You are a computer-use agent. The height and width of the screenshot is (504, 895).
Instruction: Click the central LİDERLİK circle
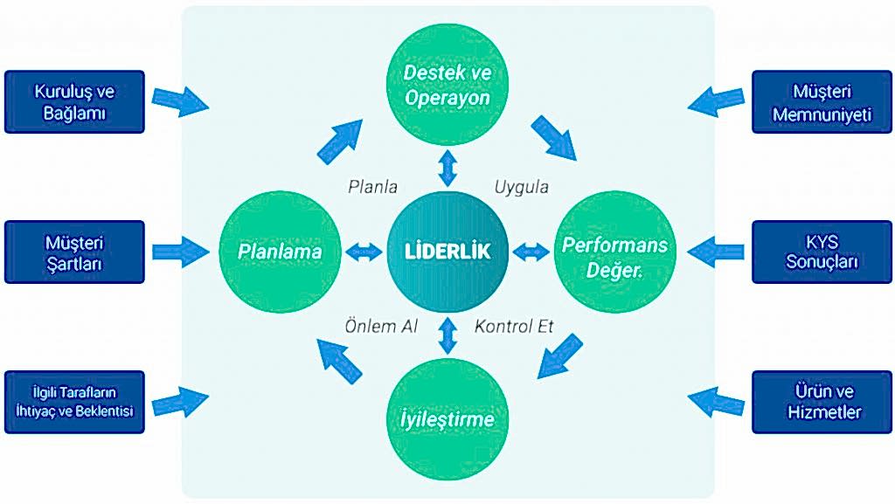click(x=447, y=252)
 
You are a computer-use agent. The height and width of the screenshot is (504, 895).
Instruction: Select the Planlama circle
click(x=281, y=252)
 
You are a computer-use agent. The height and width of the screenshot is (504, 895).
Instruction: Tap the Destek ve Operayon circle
click(x=447, y=86)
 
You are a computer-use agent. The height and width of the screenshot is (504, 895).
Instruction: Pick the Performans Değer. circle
click(x=614, y=253)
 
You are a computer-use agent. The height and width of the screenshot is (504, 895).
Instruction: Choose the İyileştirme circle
click(x=447, y=419)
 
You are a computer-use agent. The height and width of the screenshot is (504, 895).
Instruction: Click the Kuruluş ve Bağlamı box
click(x=74, y=101)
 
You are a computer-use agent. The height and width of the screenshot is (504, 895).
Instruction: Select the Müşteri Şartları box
click(x=74, y=252)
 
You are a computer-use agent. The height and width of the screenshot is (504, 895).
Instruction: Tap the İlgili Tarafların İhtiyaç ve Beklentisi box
click(x=74, y=402)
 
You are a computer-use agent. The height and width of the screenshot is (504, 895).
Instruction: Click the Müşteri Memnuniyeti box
click(x=820, y=101)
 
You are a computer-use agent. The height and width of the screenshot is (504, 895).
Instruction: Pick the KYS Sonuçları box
click(x=820, y=252)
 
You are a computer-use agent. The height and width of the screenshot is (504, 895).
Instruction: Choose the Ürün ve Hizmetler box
click(x=820, y=402)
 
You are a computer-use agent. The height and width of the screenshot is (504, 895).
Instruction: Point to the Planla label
click(x=373, y=186)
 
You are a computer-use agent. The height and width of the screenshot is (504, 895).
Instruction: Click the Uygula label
click(x=522, y=186)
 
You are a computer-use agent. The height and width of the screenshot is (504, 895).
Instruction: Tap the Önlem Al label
click(x=381, y=327)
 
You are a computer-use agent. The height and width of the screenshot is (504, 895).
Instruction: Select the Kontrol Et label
click(x=514, y=327)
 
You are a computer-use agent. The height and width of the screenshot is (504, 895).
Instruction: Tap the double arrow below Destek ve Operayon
click(x=447, y=168)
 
